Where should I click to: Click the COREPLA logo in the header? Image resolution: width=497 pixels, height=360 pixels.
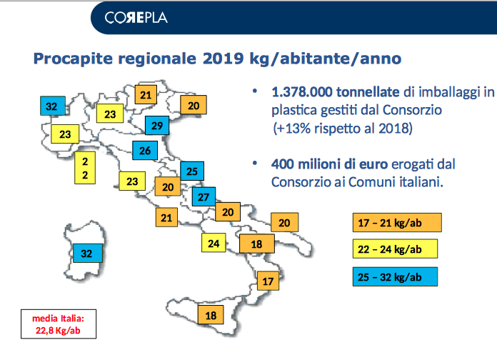tap(136, 18)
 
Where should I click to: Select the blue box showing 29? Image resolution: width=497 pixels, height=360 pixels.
tap(157, 126)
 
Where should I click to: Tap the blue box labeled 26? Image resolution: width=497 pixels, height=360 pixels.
tap(145, 150)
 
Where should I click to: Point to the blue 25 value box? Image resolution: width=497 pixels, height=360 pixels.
tap(192, 171)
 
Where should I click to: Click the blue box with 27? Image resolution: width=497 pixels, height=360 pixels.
tap(204, 196)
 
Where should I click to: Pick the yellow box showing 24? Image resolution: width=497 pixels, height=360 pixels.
tap(214, 243)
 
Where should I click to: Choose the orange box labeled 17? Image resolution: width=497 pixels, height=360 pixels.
tap(268, 281)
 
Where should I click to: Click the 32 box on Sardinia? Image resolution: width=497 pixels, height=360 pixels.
tap(88, 253)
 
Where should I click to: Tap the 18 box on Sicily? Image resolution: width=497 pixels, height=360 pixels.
tap(211, 315)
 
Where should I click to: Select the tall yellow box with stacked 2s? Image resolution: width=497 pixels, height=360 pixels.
tap(85, 168)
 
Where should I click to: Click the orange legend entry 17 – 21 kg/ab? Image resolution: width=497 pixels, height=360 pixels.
tap(397, 223)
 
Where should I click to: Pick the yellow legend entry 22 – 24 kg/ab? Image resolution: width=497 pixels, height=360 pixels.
tap(396, 249)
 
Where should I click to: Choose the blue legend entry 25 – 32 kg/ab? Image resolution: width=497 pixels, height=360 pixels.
tap(396, 277)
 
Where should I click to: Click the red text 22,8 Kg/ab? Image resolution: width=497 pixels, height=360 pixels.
tap(58, 331)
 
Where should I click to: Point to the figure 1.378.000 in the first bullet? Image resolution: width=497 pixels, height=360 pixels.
tap(302, 92)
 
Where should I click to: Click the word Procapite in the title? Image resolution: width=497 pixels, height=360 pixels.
tap(73, 59)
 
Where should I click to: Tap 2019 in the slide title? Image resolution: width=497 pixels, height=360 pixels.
tap(223, 59)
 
